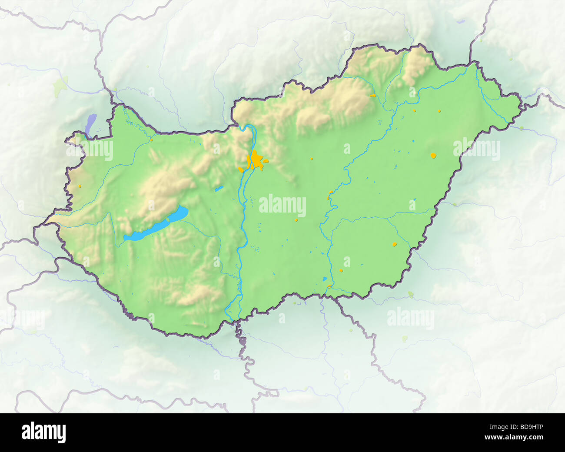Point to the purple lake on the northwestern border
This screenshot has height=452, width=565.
pos(91,124)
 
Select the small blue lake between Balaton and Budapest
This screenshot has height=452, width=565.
pos(219,189)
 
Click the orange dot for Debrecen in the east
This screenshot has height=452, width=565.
pos(433,155)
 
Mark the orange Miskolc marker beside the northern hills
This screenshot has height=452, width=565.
pos(372,95)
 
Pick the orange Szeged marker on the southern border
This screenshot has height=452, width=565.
pos(330,286)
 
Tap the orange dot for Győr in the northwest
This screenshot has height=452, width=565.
pos(152,140)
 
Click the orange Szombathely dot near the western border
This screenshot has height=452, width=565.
pos(80,186)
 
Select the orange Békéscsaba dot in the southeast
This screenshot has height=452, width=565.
pos(395,244)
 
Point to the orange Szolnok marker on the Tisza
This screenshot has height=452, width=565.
pos(330,193)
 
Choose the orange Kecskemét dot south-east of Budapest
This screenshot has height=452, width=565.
pos(297,219)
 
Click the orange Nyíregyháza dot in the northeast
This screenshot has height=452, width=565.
pos(439,111)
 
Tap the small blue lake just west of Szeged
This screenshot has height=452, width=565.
pos(324,279)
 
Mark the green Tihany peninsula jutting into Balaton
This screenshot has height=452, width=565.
pos(168,219)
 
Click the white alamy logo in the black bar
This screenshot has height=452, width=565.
pos(44,432)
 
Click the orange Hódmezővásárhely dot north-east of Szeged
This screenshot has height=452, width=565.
pos(341,270)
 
